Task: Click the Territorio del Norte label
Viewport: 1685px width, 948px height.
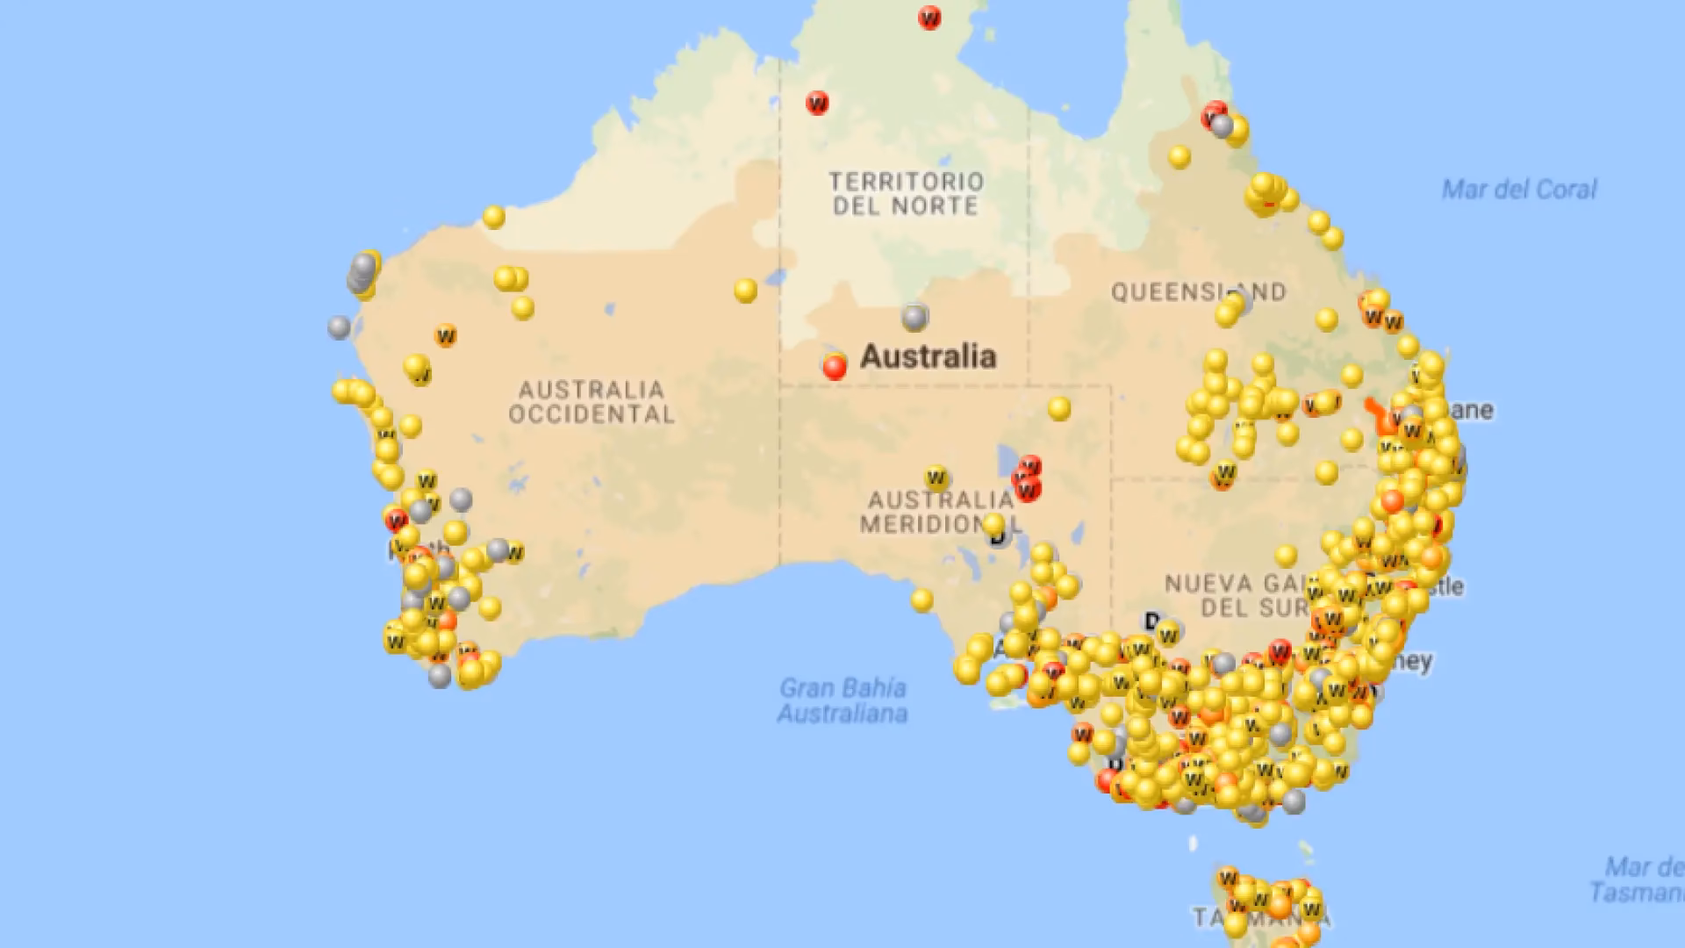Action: point(907,194)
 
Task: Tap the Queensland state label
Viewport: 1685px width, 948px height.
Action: point(1198,291)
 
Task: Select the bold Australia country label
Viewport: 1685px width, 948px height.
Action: point(928,356)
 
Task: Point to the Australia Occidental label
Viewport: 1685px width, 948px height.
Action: point(592,402)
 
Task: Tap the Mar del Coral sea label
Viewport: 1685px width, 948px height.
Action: point(1519,190)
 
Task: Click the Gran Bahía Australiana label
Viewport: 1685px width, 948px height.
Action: point(842,700)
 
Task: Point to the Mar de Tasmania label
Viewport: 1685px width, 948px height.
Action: point(1638,880)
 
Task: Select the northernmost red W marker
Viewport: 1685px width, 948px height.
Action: point(929,18)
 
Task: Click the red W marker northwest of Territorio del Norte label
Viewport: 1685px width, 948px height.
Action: point(817,103)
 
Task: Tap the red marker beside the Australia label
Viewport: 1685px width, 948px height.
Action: point(835,367)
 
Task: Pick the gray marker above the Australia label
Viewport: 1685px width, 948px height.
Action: point(914,317)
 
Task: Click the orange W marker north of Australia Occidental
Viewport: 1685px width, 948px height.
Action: point(446,335)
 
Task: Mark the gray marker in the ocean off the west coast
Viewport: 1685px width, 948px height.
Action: point(340,327)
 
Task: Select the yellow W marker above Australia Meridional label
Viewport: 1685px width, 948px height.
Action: point(936,478)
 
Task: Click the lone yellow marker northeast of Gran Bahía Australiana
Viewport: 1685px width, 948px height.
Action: point(921,600)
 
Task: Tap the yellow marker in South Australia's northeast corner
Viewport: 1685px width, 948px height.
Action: point(1059,408)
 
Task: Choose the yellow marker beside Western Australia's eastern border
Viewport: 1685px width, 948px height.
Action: point(745,290)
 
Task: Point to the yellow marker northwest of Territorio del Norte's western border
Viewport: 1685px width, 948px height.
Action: point(494,216)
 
